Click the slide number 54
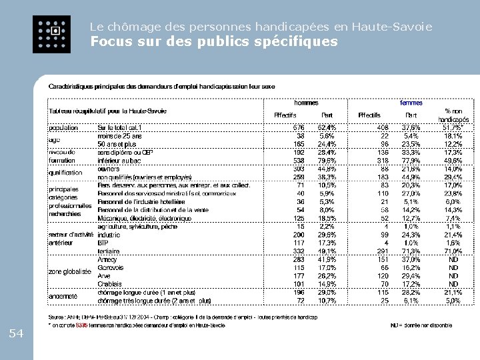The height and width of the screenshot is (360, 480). point(17,333)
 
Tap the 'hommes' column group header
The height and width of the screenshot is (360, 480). point(307,103)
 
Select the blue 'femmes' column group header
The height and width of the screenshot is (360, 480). point(411,103)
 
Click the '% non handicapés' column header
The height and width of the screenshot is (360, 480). point(453,115)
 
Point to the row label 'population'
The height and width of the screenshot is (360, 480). point(63,127)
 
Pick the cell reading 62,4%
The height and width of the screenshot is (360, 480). point(327,127)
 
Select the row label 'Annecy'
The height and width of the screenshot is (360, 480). point(107,259)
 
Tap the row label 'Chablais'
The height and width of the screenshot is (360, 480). point(109,284)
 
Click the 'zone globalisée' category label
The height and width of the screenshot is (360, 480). point(69,272)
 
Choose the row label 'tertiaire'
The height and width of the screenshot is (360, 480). point(108,251)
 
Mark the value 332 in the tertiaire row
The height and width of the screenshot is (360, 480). point(298,251)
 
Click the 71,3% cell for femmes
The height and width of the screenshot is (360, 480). point(411,251)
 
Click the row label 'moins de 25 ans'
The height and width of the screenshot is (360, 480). point(119,135)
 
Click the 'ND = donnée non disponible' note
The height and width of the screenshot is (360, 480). point(421,325)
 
